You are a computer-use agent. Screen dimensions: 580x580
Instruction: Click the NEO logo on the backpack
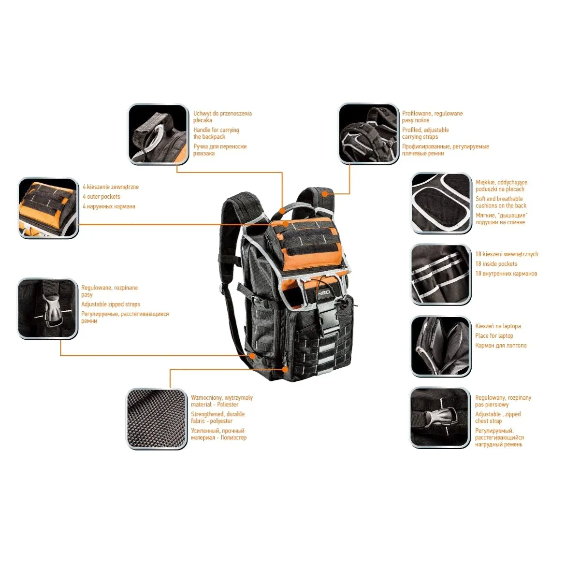324,292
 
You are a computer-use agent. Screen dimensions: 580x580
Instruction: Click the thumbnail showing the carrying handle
158,134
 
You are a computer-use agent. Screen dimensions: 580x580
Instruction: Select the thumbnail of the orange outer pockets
48,208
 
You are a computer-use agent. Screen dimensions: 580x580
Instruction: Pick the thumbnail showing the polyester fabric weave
157,419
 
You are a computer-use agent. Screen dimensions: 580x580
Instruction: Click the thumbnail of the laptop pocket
441,347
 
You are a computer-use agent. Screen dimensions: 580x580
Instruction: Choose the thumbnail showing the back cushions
441,203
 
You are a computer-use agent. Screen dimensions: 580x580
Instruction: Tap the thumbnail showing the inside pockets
441,275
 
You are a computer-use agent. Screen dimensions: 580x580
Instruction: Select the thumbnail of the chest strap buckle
440,418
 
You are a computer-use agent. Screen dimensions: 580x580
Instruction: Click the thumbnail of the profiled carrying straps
368,133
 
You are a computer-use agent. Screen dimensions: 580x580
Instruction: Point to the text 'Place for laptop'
494,335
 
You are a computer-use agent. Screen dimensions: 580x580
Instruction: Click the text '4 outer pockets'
101,197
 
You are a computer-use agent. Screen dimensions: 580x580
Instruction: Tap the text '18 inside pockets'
496,264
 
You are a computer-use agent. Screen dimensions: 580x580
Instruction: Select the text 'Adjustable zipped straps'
111,304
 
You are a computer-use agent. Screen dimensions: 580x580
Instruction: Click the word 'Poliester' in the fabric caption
228,405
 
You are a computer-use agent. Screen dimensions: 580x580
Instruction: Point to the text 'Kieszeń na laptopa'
498,326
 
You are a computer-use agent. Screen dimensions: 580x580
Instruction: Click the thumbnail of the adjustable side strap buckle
47,309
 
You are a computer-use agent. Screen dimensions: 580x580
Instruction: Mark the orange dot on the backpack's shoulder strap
324,194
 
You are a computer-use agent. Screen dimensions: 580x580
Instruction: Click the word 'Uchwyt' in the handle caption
202,114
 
